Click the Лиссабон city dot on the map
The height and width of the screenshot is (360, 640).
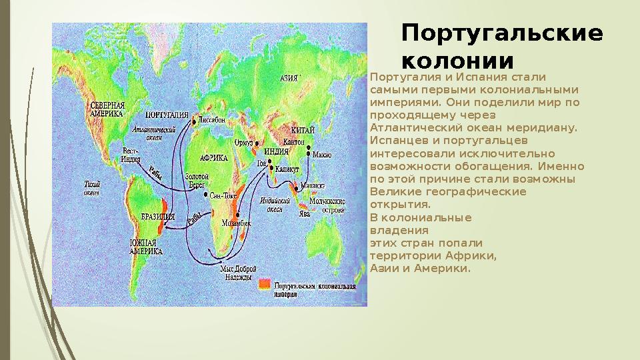tap(194, 122)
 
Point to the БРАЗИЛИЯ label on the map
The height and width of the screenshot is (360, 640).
tap(158, 217)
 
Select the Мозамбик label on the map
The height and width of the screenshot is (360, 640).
tap(237, 223)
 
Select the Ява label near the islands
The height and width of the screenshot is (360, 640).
tap(304, 214)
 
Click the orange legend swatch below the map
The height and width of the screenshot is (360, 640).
tap(265, 285)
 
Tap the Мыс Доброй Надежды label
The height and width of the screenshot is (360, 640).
tap(237, 273)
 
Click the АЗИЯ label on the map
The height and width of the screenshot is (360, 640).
tap(289, 78)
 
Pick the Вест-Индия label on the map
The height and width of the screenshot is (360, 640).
tap(131, 155)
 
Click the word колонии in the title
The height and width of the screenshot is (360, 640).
tap(458, 61)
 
